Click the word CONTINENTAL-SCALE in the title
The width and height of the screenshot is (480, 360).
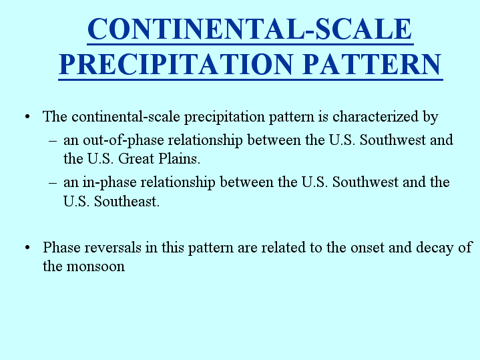pyautogui.click(x=250, y=29)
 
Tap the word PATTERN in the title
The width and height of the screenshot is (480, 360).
pyautogui.click(x=373, y=64)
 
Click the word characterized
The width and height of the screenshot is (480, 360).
pyautogui.click(x=376, y=116)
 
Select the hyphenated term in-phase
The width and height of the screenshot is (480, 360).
pyautogui.click(x=109, y=183)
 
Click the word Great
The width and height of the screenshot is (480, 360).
pyautogui.click(x=136, y=159)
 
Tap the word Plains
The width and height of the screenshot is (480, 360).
pyautogui.click(x=179, y=159)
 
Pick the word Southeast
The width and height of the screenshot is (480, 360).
pyautogui.click(x=127, y=202)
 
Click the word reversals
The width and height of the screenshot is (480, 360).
pyautogui.click(x=113, y=248)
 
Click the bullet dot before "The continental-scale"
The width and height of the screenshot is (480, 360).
pyautogui.click(x=27, y=117)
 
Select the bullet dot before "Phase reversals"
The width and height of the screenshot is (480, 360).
pyautogui.click(x=27, y=248)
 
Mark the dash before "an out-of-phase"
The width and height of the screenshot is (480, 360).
pyautogui.click(x=53, y=141)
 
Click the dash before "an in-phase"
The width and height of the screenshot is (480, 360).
pyautogui.click(x=53, y=183)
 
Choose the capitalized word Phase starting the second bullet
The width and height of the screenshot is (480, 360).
pyautogui.click(x=61, y=248)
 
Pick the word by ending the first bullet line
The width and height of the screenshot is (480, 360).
pyautogui.click(x=431, y=117)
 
